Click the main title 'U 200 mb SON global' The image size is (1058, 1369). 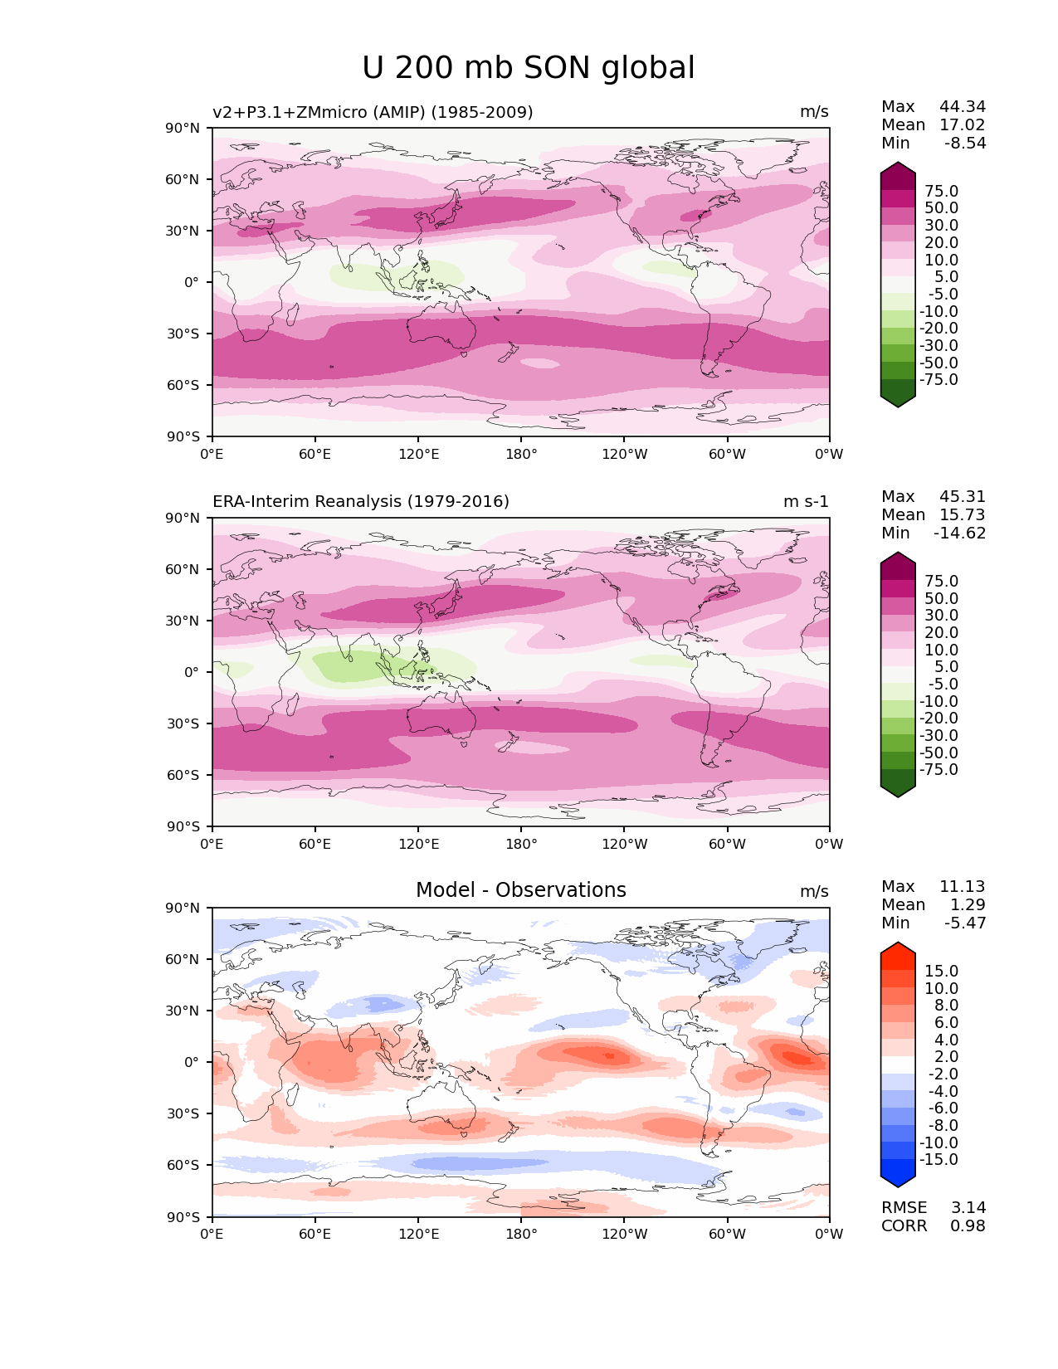click(x=529, y=68)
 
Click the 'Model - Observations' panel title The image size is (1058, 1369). click(x=520, y=890)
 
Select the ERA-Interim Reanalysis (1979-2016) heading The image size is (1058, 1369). click(x=361, y=501)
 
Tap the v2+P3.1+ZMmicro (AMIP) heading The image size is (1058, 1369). click(x=373, y=112)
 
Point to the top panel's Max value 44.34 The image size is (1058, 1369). click(x=963, y=106)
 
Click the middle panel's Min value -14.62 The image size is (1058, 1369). click(x=960, y=533)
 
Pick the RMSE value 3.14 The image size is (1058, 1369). click(x=968, y=1207)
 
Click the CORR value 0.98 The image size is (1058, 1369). click(x=968, y=1225)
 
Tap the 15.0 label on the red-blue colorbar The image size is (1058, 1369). click(x=941, y=971)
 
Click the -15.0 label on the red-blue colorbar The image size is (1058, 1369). click(x=939, y=1159)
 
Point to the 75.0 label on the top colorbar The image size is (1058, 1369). click(x=941, y=191)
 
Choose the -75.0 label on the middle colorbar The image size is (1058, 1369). click(x=939, y=769)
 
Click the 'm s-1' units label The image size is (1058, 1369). click(x=806, y=501)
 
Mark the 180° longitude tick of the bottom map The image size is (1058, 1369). click(x=521, y=1234)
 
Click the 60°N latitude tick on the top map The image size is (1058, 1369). click(x=184, y=179)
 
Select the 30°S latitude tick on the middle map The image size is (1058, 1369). click(x=184, y=723)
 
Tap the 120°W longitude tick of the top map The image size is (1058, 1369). click(x=624, y=454)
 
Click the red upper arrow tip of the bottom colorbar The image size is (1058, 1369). click(x=898, y=947)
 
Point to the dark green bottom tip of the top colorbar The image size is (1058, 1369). click(x=898, y=402)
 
